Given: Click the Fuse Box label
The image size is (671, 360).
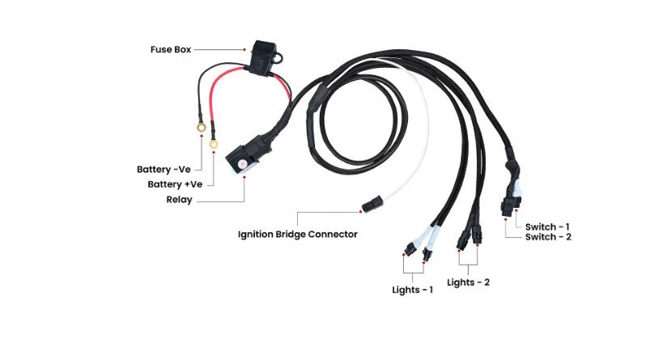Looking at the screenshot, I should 172,49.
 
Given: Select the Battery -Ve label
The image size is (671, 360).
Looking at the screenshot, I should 164,170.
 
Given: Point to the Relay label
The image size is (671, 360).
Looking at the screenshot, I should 179,199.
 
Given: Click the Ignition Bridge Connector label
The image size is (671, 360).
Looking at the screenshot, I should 297,235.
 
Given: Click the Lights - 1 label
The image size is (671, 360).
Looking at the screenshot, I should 412,289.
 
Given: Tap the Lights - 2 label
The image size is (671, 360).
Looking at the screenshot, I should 468,282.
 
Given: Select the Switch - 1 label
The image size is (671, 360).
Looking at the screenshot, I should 548,226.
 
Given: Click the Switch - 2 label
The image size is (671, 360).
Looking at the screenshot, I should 548,237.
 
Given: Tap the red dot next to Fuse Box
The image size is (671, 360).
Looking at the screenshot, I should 244,49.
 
